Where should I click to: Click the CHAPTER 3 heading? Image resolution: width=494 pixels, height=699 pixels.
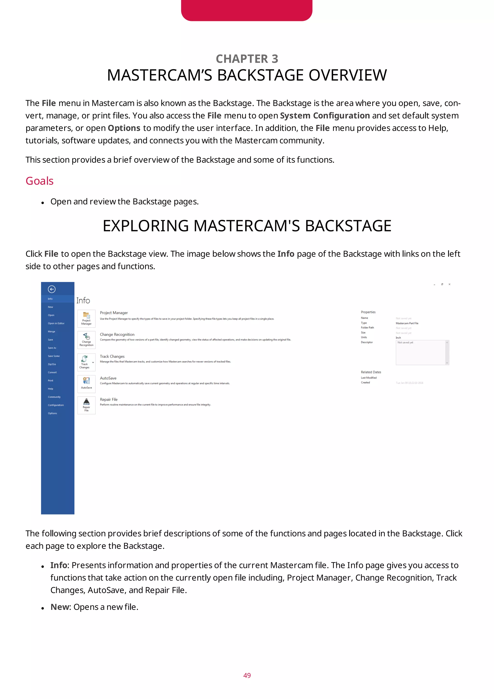point(247,59)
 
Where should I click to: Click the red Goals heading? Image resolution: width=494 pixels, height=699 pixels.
point(40,181)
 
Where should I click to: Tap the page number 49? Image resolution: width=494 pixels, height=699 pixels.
point(247,675)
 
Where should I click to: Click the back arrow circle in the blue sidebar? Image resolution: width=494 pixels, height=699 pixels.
point(52,289)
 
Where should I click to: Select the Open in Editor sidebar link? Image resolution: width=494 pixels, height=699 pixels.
point(56,323)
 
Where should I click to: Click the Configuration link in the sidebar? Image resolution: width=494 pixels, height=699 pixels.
point(56,405)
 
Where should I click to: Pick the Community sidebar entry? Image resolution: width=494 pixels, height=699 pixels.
point(54,397)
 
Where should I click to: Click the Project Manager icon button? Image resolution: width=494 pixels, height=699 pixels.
point(86,318)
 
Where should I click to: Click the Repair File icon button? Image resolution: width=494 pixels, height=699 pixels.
point(86,405)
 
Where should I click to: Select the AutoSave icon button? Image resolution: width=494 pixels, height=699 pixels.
point(86,384)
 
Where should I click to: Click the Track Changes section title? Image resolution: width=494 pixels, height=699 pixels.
point(112,356)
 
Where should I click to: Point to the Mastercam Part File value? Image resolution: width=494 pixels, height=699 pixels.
point(407,323)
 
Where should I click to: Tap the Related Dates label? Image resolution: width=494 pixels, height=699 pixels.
point(371,372)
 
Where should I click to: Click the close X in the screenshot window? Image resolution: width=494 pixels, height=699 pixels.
point(449,284)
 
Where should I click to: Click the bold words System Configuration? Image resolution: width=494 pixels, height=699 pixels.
point(325,116)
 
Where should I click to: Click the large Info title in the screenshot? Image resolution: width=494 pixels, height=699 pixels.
point(83,301)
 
